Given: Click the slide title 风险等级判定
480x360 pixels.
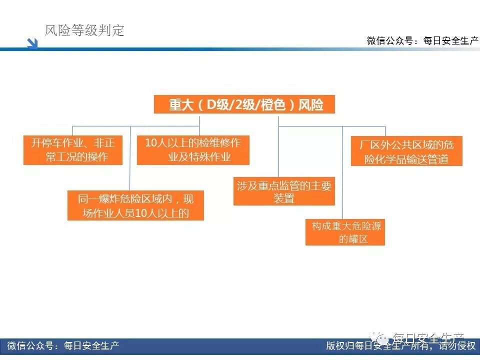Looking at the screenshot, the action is tap(84, 30).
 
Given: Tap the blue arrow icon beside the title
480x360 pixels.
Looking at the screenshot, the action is tap(32, 43).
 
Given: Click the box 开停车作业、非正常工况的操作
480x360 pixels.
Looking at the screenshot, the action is tap(73, 150).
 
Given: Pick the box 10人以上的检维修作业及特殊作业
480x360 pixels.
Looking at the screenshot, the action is tap(193, 150).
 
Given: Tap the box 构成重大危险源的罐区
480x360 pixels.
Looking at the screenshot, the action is tap(345, 232).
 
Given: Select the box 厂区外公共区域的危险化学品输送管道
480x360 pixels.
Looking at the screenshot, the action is tap(406, 151).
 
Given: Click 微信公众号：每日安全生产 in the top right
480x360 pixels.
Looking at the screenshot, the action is tap(422, 41).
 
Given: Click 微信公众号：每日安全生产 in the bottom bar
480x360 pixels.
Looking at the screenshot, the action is tap(63, 346).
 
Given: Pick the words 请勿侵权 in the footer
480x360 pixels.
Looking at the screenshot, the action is tap(457, 346).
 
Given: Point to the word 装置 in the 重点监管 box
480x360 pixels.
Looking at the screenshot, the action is tap(284, 198).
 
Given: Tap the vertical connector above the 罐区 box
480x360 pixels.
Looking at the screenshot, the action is tap(342, 175).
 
